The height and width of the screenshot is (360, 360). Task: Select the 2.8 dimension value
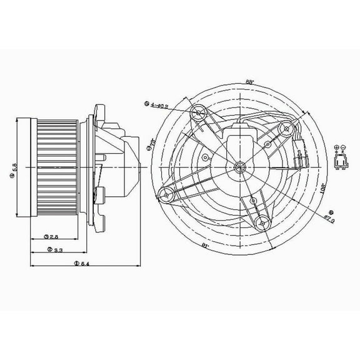click(55, 237)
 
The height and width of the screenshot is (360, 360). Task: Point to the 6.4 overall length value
click(84, 264)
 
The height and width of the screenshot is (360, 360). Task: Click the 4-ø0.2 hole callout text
click(158, 104)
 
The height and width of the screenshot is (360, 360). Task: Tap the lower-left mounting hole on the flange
click(167, 196)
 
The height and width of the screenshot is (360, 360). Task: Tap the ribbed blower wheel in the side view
click(56, 166)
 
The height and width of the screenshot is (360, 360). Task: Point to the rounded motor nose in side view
click(133, 166)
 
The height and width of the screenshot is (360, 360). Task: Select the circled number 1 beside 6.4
click(75, 264)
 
